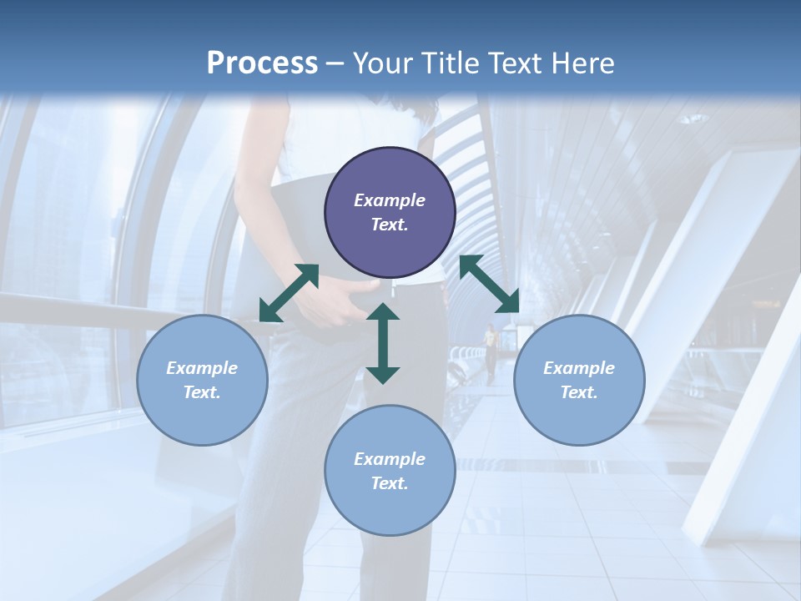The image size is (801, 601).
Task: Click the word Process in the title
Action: (x=262, y=63)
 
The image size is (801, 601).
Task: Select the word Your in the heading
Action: (x=382, y=63)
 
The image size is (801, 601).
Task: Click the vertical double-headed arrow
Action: (x=383, y=343)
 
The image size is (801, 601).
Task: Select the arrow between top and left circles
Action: (x=289, y=293)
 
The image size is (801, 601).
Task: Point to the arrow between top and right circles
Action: (x=489, y=284)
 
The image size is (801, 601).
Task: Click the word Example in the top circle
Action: (x=390, y=200)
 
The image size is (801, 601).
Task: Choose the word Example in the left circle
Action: (x=202, y=368)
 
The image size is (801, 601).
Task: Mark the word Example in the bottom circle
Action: (x=390, y=459)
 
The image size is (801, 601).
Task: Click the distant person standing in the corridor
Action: (x=491, y=351)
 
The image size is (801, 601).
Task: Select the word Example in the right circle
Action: (x=579, y=368)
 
